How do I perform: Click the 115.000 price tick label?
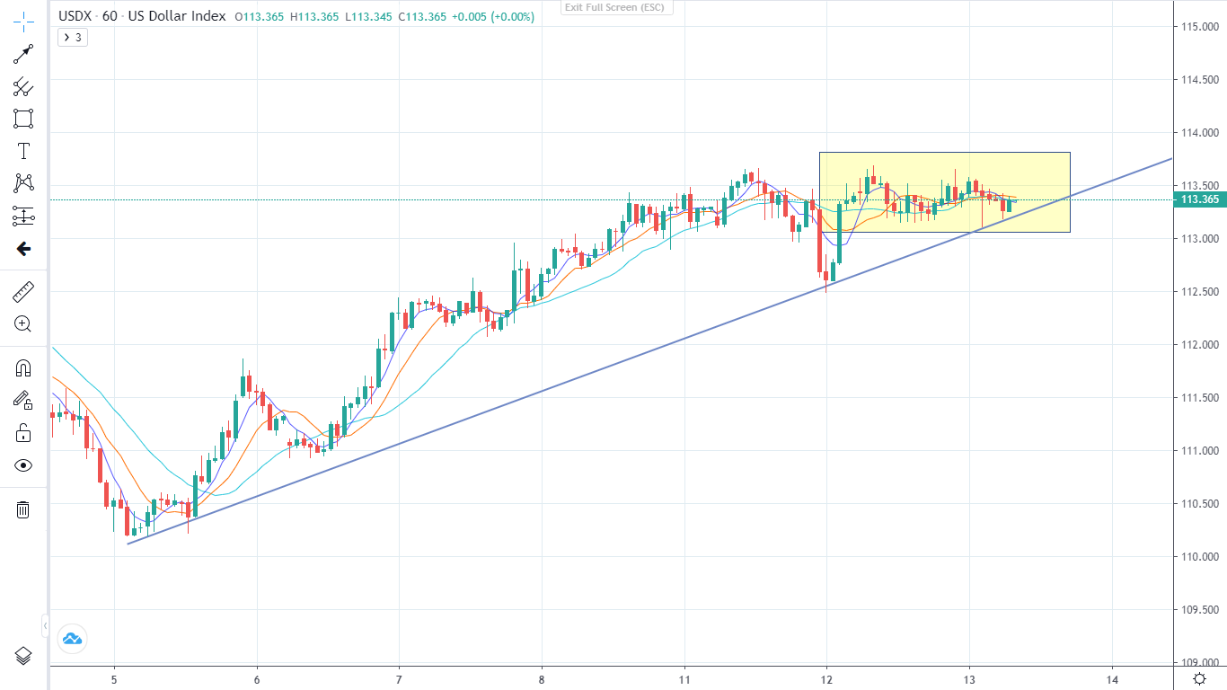click(1200, 27)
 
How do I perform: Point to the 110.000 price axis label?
click(1200, 557)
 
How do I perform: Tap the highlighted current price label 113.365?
click(1200, 199)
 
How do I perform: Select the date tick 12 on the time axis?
click(827, 679)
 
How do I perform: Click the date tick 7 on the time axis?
click(399, 679)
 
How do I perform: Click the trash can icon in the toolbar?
click(23, 510)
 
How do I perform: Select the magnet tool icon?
click(23, 368)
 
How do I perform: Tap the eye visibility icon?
click(23, 465)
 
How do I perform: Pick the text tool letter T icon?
click(23, 151)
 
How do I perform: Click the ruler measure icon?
click(23, 292)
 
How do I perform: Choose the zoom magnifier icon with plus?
click(23, 324)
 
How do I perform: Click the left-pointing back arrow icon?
click(23, 249)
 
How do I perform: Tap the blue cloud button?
click(71, 639)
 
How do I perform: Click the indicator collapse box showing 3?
click(73, 38)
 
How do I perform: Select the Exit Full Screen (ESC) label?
click(616, 7)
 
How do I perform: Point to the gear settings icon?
click(1200, 678)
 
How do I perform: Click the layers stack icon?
click(23, 656)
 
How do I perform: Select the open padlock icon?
click(23, 434)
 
